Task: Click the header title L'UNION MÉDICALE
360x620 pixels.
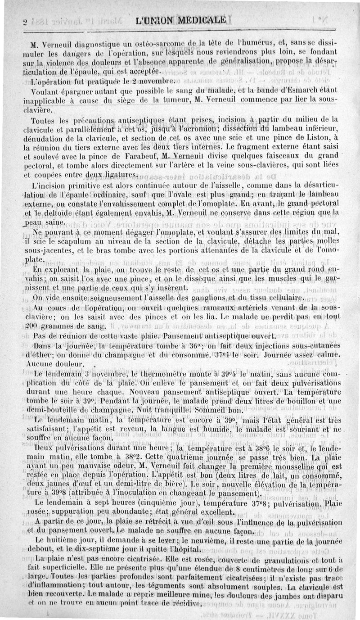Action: [x=180, y=20]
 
